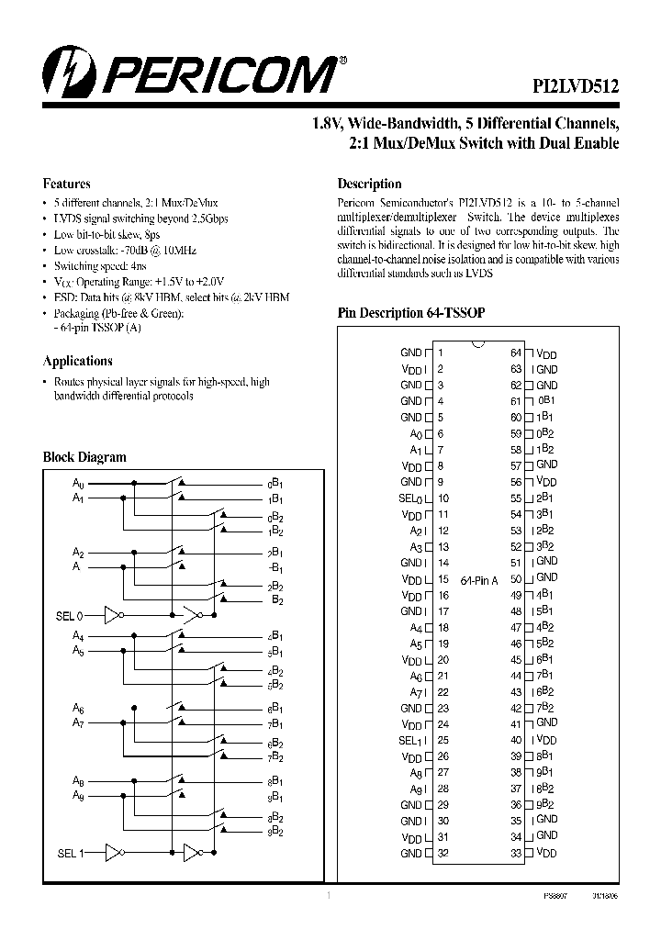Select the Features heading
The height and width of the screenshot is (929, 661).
tap(67, 184)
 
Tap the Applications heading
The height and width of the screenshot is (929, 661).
tap(77, 361)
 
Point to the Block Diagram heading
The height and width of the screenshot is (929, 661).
tap(84, 457)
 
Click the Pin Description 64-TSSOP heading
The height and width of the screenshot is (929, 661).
tap(410, 313)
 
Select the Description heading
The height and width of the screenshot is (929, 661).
tap(369, 184)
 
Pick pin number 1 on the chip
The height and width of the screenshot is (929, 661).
tap(441, 353)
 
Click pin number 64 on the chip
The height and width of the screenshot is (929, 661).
tap(516, 353)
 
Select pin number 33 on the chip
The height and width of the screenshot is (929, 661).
tap(516, 853)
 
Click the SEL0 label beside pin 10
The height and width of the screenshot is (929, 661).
tap(410, 498)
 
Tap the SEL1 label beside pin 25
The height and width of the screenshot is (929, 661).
tap(410, 740)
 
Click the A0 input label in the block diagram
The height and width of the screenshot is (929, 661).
tap(78, 482)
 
